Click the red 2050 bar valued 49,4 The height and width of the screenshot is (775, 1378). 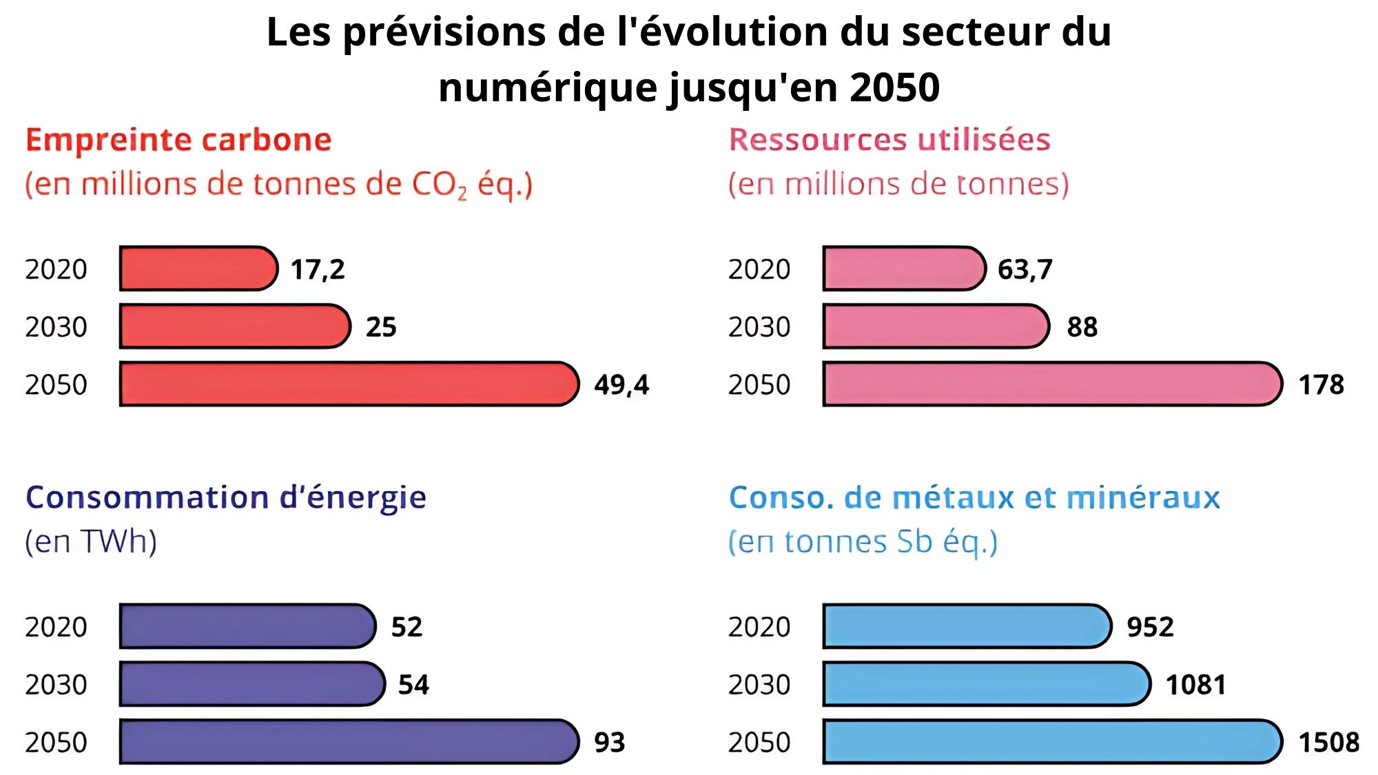348,384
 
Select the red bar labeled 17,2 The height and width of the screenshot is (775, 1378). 198,269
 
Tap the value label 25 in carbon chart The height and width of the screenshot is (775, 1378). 381,327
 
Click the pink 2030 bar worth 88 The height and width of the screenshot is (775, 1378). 935,327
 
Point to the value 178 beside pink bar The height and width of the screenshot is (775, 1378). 1321,384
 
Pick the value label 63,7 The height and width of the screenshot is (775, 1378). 1025,269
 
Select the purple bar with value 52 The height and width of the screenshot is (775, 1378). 247,626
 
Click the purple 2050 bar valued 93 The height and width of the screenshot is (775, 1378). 348,742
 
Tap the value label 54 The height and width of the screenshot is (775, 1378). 413,685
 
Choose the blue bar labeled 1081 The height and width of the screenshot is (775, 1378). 986,684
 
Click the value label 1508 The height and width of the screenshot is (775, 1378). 1328,743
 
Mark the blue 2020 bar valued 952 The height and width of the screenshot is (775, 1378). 966,626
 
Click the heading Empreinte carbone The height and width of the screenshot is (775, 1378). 178,140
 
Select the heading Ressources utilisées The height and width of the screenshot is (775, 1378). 889,140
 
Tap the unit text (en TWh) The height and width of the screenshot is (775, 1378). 91,541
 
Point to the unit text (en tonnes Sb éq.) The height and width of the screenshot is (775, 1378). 863,542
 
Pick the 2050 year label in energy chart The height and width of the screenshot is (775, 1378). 56,743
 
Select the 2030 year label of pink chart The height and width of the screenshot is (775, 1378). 759,327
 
